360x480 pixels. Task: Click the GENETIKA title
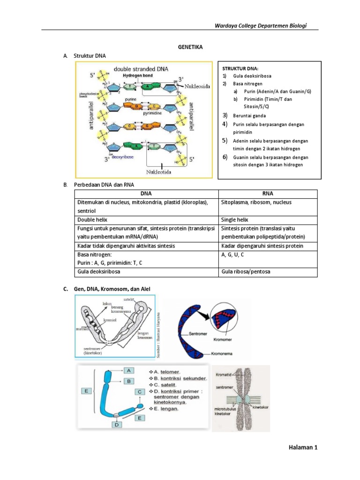tap(189, 47)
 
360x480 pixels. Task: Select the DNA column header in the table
tap(146, 194)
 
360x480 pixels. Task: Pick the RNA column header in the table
tap(269, 194)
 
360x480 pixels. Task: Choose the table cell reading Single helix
tap(234, 219)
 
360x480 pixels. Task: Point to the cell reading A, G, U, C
tap(232, 255)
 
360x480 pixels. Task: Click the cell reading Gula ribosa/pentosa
tap(246, 272)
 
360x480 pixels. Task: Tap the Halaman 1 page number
tap(303, 448)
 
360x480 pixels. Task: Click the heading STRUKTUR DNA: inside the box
tap(240, 68)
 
